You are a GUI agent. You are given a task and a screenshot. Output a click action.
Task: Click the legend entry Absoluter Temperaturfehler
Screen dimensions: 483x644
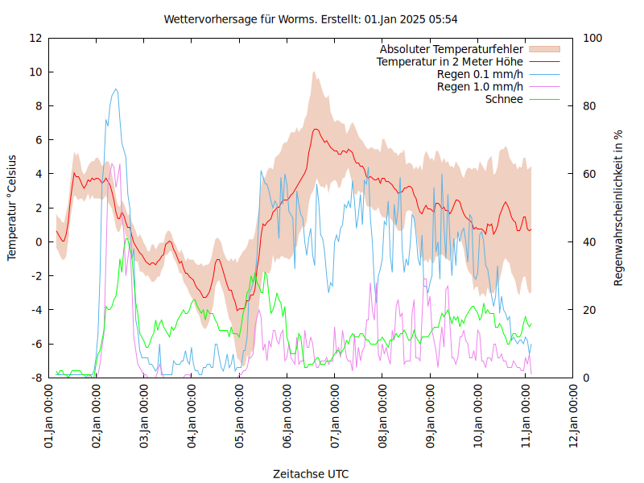point(451,48)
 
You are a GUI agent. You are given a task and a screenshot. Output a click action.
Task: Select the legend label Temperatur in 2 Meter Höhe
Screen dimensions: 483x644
point(450,61)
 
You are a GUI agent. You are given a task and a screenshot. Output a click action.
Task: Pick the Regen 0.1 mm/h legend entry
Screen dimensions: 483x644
point(480,74)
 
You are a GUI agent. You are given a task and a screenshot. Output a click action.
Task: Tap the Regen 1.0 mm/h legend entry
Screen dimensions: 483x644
point(480,87)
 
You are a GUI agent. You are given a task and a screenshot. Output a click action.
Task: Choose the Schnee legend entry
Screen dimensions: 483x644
point(504,99)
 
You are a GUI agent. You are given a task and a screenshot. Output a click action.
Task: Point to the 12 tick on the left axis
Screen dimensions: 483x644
point(35,38)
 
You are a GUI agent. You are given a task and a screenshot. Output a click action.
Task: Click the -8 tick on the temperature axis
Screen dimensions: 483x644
point(37,378)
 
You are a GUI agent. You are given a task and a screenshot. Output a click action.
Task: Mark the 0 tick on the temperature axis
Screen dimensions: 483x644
point(39,242)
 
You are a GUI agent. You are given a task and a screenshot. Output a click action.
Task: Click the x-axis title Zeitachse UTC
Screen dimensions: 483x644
point(311,473)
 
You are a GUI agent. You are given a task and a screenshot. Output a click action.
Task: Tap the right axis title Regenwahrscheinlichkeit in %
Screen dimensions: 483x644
point(618,207)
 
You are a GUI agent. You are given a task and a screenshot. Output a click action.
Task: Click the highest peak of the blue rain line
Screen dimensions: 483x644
point(117,89)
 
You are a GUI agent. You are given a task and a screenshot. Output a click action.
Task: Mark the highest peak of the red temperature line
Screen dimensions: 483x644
point(315,129)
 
